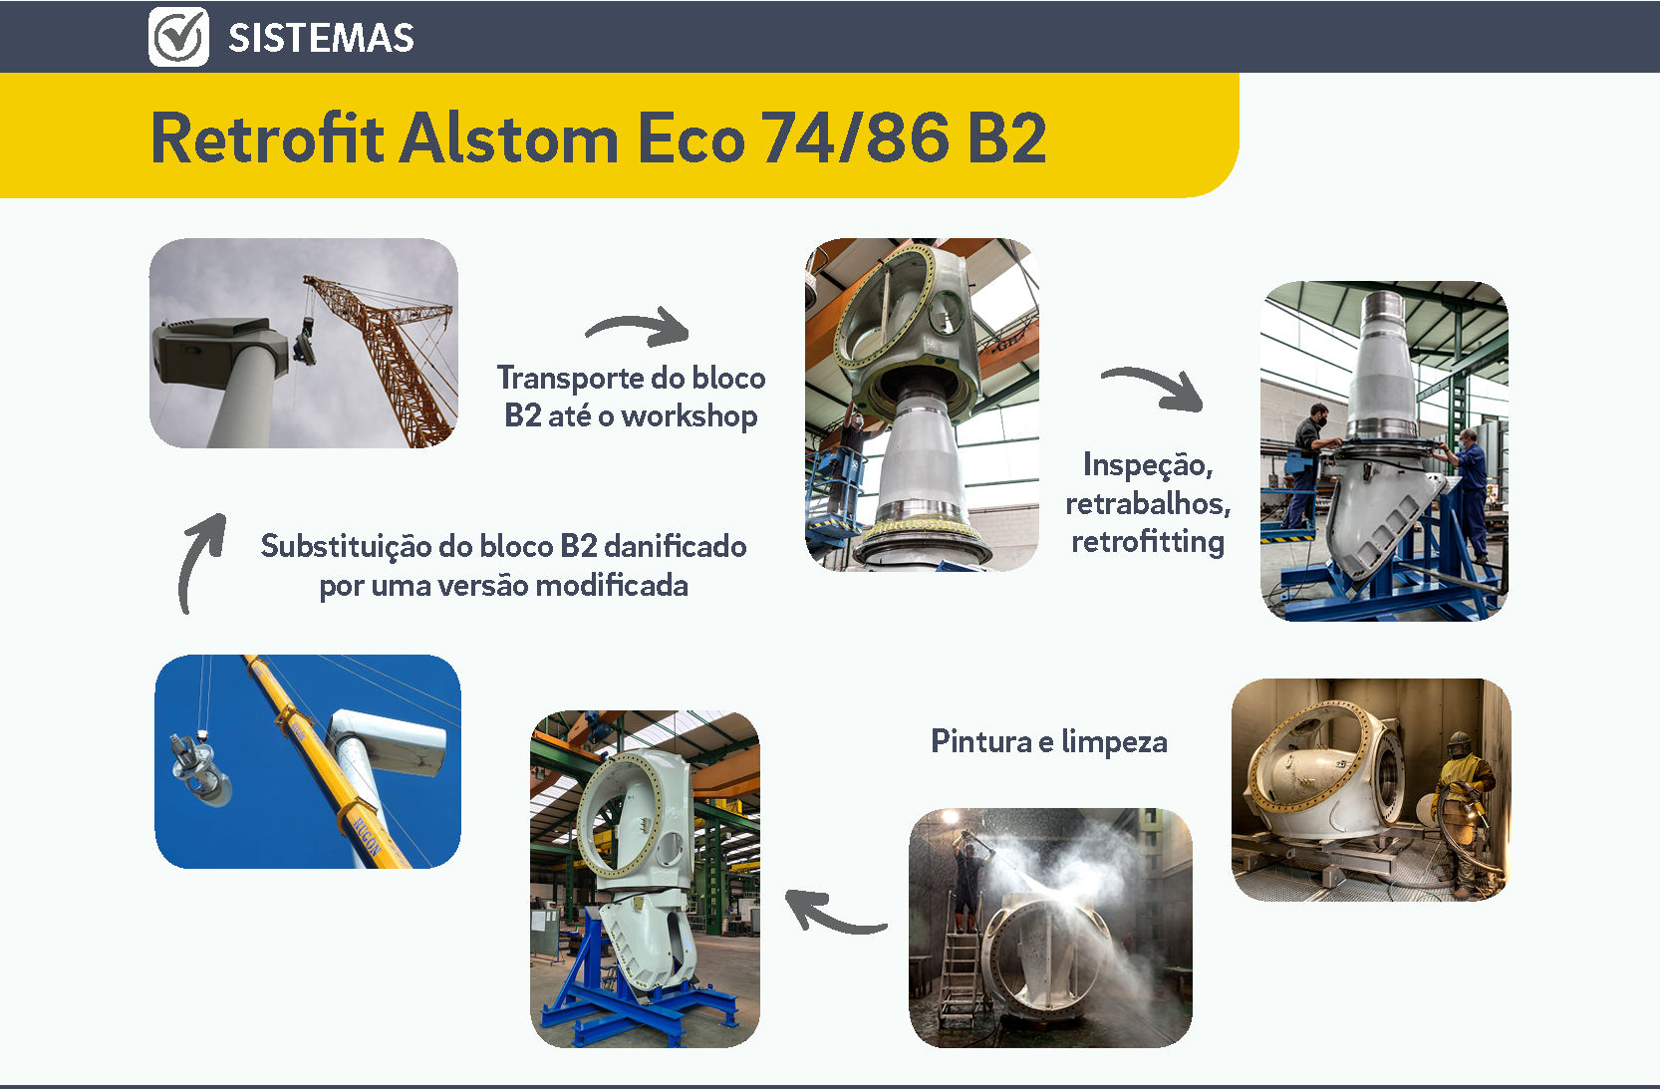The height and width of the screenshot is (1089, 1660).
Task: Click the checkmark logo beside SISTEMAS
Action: (178, 37)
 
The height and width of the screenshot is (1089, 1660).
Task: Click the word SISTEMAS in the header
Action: (321, 39)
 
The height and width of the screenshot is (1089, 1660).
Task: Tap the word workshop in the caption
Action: (690, 416)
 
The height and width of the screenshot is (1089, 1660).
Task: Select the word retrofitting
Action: (1148, 542)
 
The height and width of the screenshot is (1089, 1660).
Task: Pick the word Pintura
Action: (981, 741)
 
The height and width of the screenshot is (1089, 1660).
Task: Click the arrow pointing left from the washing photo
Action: (835, 912)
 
